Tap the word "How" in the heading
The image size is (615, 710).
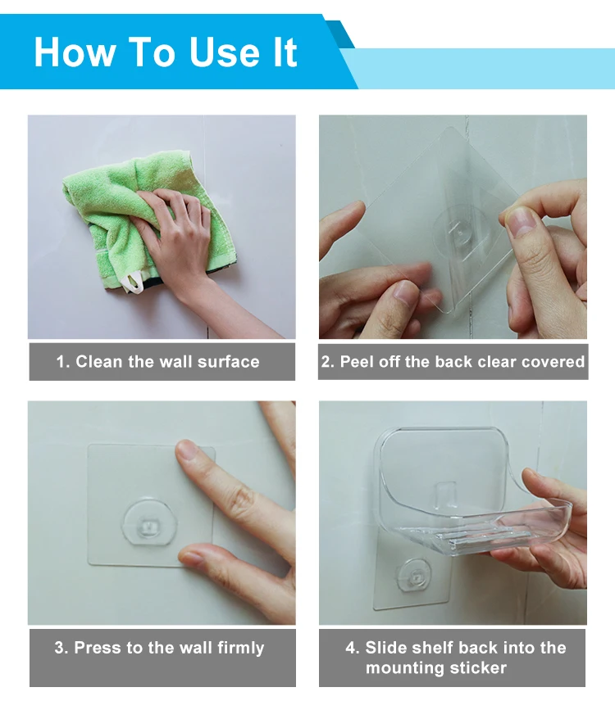[x=75, y=52]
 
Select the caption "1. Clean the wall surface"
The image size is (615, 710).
[x=157, y=362]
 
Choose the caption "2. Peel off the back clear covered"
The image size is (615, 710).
[x=453, y=362]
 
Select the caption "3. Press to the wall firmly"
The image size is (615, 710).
[x=159, y=648]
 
